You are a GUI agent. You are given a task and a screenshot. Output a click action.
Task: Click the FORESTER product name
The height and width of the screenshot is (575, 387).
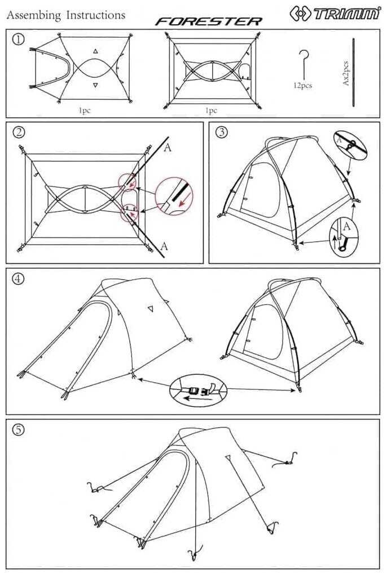208,21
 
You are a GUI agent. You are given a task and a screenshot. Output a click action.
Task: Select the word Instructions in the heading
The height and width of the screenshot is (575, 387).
96,15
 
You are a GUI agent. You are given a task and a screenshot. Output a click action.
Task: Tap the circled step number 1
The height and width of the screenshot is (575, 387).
19,39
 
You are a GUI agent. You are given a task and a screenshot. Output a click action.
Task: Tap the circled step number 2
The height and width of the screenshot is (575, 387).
19,132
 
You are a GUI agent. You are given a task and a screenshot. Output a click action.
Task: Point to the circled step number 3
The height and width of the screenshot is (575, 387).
221,132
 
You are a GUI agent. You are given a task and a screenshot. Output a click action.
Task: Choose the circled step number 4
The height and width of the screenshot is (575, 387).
19,278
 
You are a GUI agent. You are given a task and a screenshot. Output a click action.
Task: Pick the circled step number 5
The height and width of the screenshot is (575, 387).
19,430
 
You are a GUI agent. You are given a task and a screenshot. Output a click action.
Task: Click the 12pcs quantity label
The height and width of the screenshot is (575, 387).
302,86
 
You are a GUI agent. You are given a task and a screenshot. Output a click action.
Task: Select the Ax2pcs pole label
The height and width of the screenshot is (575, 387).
346,73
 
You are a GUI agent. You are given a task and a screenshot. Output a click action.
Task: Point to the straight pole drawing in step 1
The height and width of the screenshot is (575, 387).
354,72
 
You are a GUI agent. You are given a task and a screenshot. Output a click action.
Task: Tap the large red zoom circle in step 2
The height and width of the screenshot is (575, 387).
174,196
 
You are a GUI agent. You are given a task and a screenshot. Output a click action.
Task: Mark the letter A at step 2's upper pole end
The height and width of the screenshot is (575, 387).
168,148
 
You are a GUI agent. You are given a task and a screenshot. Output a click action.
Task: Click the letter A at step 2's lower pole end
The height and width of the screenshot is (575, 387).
164,246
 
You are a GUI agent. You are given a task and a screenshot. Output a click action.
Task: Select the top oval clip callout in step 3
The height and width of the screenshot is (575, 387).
350,145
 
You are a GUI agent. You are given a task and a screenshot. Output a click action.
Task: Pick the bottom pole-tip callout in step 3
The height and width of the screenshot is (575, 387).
344,238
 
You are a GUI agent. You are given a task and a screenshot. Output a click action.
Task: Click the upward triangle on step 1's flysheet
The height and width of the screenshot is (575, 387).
95,51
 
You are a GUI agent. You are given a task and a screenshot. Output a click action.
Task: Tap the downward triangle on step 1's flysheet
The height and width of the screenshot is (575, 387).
95,86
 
